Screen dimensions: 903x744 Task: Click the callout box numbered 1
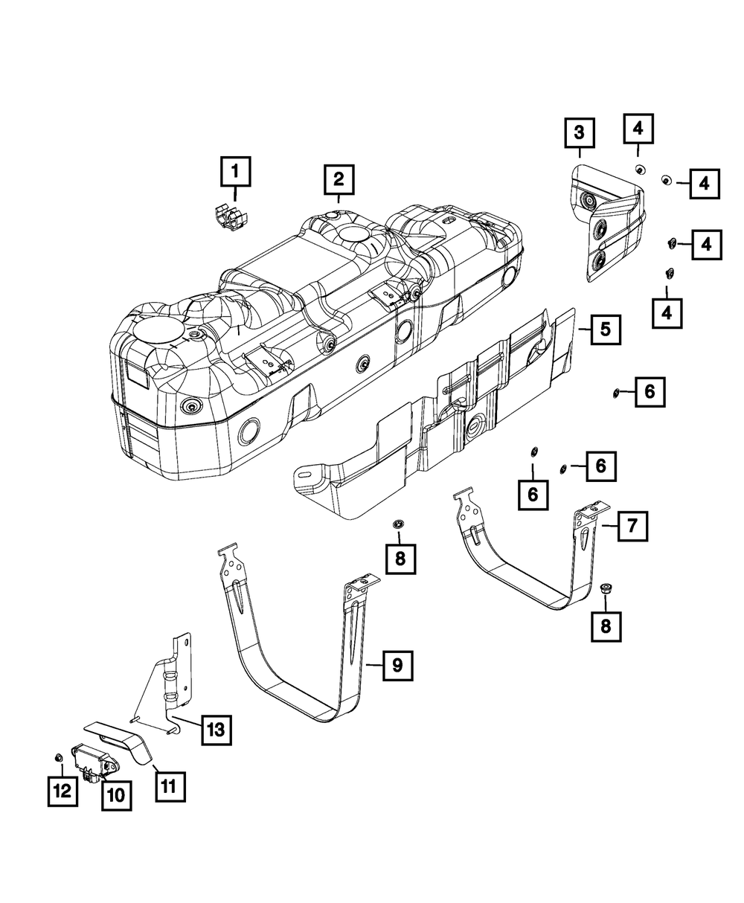coord(235,173)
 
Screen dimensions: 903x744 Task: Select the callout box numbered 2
coord(338,179)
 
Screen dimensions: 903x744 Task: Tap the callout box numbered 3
coord(579,134)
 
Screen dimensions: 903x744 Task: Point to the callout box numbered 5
coord(606,328)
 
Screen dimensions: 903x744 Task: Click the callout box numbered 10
coord(115,794)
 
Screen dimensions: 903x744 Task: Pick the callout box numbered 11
coord(171,785)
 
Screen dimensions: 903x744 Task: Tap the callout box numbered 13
coord(215,730)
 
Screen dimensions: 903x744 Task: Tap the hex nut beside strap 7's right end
coord(605,588)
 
